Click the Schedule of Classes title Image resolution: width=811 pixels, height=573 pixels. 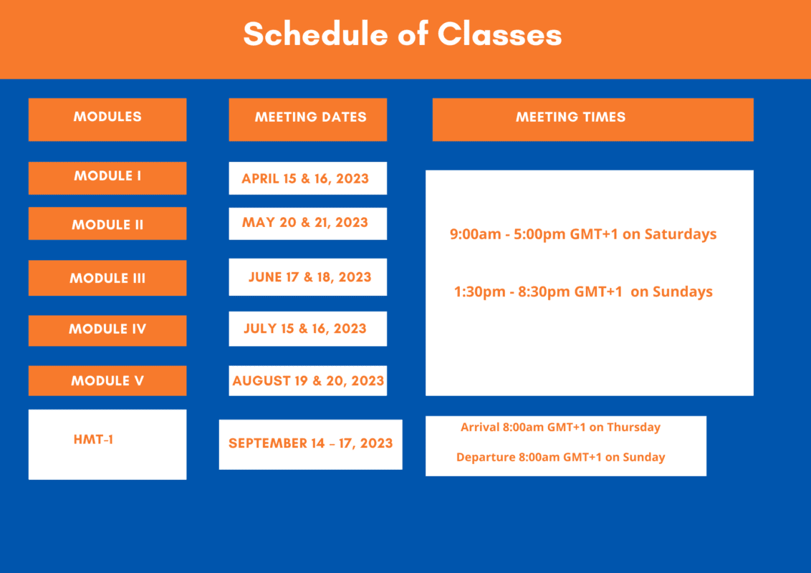[x=403, y=34]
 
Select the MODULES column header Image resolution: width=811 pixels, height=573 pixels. [x=107, y=116]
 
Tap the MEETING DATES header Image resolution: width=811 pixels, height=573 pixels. [x=310, y=117]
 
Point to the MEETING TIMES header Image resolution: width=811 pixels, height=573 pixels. [x=570, y=117]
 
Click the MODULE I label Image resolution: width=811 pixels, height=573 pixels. [x=107, y=175]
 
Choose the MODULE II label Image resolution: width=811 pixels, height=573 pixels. [x=107, y=224]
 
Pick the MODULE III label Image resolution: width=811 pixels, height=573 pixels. [x=107, y=278]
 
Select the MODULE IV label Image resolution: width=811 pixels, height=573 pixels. [x=107, y=329]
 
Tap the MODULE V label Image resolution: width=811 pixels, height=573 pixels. [x=107, y=380]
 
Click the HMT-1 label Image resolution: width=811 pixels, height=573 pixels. [x=93, y=440]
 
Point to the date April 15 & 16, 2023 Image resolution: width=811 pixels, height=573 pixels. [x=305, y=178]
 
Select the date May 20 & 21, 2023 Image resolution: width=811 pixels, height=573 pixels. [x=305, y=222]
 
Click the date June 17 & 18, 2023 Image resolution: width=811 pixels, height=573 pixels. [x=309, y=277]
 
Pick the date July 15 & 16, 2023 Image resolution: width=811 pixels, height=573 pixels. [x=305, y=328]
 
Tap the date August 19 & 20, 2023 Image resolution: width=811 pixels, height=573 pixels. [x=308, y=380]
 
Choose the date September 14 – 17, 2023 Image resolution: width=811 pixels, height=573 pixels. [x=311, y=443]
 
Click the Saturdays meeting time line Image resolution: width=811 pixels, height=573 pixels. [x=583, y=234]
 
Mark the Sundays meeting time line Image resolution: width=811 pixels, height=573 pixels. [x=583, y=292]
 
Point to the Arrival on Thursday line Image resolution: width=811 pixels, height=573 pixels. [x=561, y=427]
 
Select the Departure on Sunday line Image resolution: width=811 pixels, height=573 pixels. [x=561, y=457]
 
